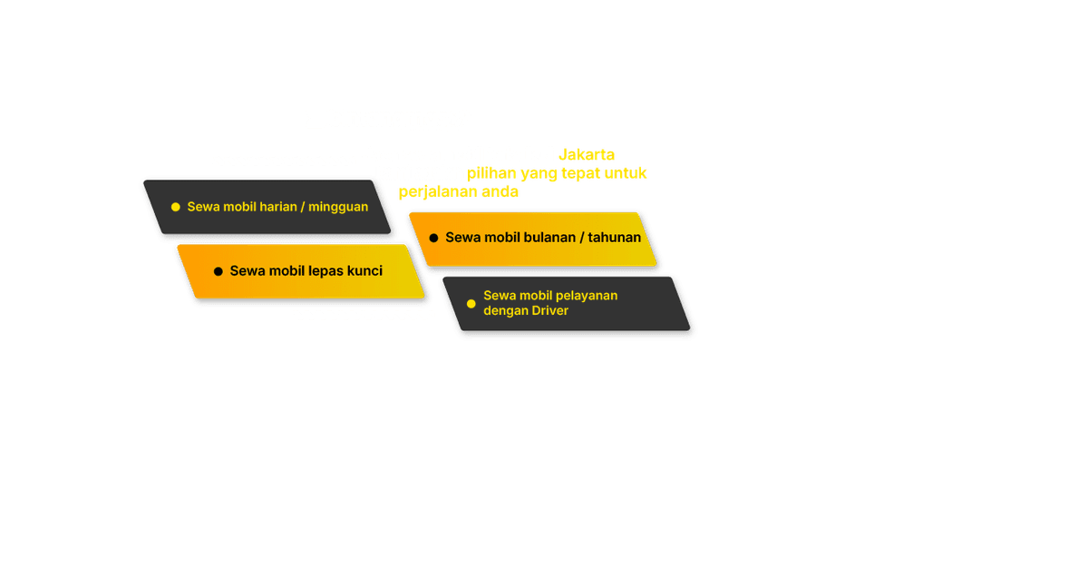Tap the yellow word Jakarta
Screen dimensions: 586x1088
tap(587, 155)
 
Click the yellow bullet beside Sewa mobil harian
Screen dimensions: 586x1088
tap(176, 207)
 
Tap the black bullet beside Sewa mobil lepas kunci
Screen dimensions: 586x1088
tap(218, 271)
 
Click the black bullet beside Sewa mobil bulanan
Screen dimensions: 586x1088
tap(433, 238)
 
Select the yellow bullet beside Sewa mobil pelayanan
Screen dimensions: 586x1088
tap(471, 303)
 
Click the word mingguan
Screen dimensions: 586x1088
tap(338, 207)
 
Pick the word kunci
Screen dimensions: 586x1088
tap(364, 271)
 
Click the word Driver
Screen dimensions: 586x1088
tap(550, 310)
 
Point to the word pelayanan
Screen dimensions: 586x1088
tap(587, 296)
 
